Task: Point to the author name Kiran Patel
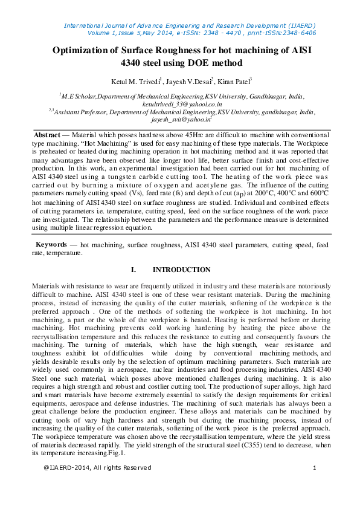(235, 80)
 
